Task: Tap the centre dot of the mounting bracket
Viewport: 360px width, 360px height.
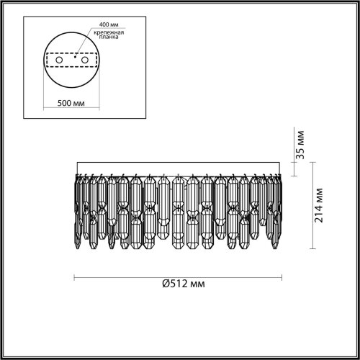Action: [x=75, y=56]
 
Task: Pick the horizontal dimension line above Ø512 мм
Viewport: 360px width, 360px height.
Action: [x=180, y=277]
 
